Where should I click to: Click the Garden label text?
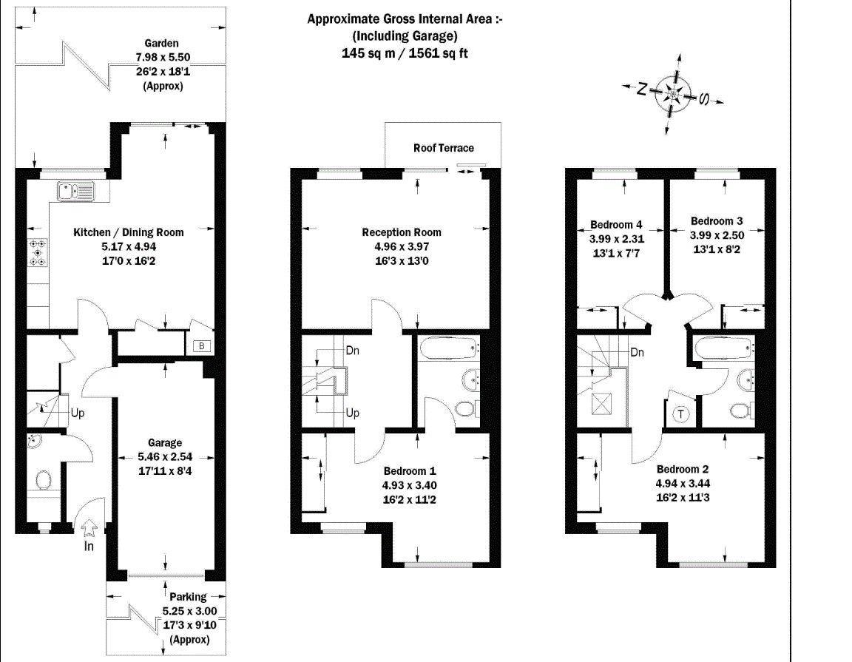(161, 44)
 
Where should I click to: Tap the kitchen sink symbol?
(75, 192)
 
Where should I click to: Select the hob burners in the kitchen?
(38, 253)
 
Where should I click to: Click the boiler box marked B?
(202, 346)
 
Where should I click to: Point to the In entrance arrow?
(89, 527)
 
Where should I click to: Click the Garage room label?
(165, 443)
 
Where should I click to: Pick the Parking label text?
(188, 597)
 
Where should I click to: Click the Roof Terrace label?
(444, 148)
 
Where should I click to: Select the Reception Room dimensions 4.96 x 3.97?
(402, 246)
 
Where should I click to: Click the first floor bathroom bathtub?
(450, 346)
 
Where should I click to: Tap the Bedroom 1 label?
(410, 471)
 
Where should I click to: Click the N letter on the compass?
(642, 89)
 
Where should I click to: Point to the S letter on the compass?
(703, 99)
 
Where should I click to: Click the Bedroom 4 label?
(616, 224)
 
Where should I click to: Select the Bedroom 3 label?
(717, 221)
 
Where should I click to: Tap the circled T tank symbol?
(681, 414)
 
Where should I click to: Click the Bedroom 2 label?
(683, 470)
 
